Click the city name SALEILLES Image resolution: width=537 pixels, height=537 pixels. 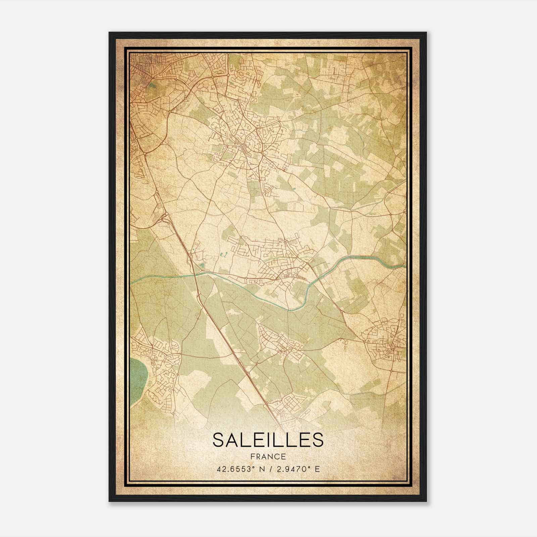pos(268,440)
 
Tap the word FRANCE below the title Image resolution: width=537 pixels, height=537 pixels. pos(268,457)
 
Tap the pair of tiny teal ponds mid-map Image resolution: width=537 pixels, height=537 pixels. pos(224,255)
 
